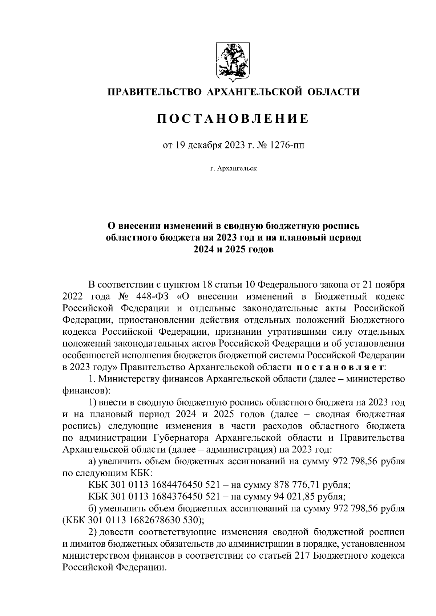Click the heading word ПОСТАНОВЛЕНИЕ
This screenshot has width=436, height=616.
(233, 118)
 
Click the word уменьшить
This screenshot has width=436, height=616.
(124, 509)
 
